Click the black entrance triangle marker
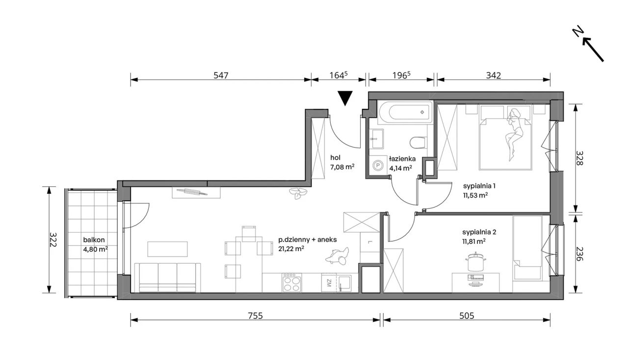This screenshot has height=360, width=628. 345,98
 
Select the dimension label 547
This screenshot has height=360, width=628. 221,75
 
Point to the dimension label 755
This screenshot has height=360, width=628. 256,316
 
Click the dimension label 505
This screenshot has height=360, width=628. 467,316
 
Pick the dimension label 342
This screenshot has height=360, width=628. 494,75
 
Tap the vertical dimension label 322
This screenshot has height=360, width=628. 53,240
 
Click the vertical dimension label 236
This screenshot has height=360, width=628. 579,254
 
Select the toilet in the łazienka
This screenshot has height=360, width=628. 418,143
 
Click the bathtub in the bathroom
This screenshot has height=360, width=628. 405,112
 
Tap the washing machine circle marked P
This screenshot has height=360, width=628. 378,165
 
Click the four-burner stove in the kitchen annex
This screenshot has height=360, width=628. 292,283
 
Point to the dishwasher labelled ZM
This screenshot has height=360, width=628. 329,283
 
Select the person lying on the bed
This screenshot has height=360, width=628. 514,134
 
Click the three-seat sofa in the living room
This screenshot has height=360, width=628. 167,278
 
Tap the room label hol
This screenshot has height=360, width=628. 335,157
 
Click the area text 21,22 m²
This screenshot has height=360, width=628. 291,249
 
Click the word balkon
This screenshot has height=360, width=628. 94,240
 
